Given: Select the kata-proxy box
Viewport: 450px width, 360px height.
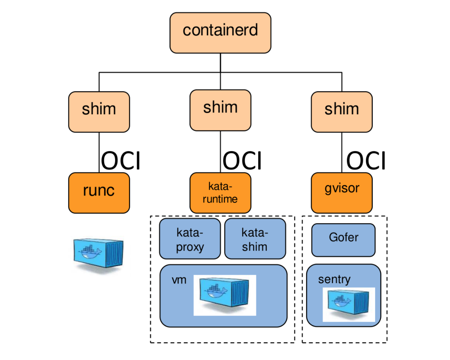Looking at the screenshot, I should point(190,239).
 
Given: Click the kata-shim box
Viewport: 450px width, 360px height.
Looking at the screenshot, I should point(255,239).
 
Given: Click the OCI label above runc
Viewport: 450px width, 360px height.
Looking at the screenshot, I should point(120,161).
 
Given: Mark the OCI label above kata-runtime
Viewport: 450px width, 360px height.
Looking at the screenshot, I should point(242,161).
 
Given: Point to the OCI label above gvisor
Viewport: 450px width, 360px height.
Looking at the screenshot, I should point(365,161).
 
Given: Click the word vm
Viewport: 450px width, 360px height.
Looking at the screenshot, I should point(179,280).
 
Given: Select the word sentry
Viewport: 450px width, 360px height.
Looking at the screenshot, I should point(334,279).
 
